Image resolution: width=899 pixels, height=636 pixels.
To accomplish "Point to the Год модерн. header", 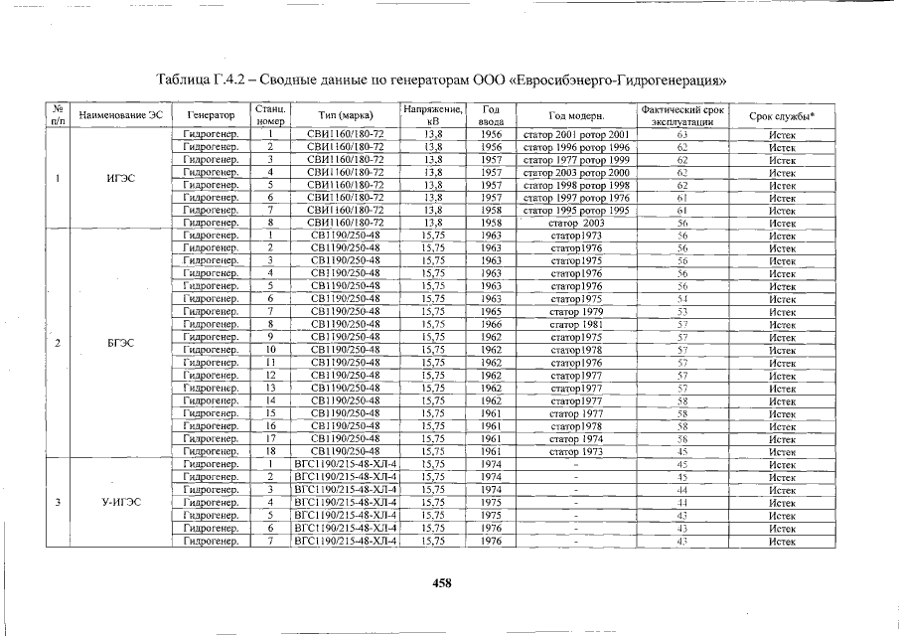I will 576,115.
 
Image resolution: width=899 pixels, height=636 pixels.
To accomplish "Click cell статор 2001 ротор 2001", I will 576,134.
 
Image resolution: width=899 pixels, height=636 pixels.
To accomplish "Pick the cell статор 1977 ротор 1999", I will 576,159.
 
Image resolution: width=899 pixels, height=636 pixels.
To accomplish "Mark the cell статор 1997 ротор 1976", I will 576,198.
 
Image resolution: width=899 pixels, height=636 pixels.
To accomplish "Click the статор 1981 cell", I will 576,324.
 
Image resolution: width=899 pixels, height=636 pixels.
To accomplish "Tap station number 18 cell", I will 269,450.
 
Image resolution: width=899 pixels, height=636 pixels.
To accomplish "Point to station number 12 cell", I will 269,375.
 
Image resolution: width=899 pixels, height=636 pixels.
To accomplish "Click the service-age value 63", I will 682,134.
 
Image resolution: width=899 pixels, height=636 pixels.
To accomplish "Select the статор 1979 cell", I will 576,311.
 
